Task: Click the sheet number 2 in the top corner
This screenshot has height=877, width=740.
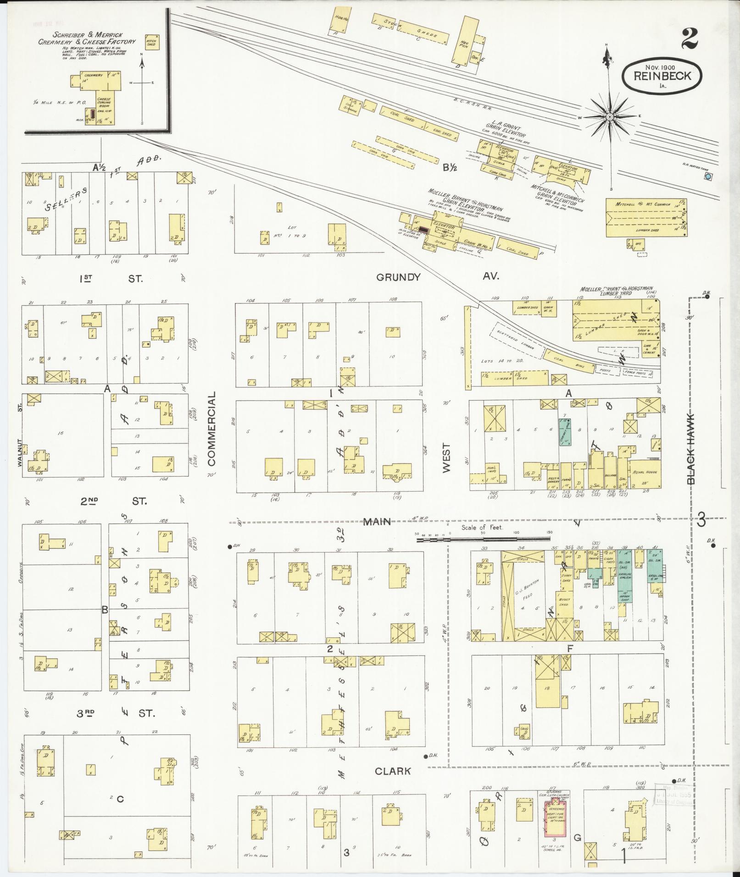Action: coord(689,39)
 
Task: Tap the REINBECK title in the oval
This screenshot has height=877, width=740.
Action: coord(662,76)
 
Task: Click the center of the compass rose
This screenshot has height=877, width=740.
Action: coord(610,117)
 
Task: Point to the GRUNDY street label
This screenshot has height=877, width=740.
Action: coord(398,277)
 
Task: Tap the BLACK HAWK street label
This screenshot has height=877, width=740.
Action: coord(691,449)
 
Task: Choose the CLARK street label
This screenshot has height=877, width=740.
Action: coord(393,771)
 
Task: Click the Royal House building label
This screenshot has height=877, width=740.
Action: coord(645,472)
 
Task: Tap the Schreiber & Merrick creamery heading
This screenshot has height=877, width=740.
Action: coord(87,38)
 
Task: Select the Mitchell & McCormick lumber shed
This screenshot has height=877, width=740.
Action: coord(645,218)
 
